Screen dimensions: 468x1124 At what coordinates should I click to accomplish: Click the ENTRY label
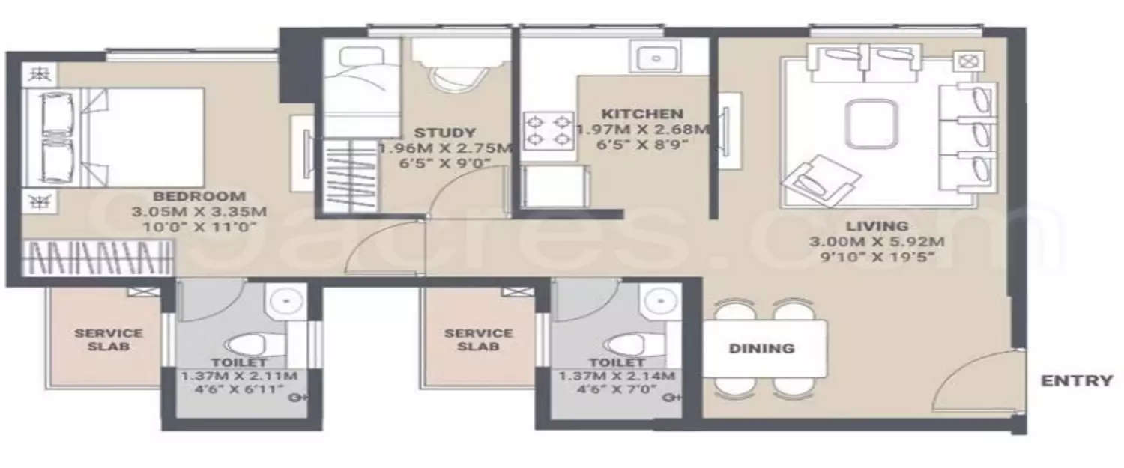pos(1077,380)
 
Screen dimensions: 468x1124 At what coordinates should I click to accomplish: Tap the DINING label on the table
pos(761,348)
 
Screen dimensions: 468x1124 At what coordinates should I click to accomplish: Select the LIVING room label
pos(877,225)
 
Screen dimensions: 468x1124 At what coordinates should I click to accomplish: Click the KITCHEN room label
pos(643,114)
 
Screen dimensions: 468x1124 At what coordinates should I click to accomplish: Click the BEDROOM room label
pos(200,196)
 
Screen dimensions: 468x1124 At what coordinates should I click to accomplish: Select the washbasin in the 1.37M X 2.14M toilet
pos(659,302)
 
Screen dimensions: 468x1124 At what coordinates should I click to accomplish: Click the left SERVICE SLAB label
pos(108,340)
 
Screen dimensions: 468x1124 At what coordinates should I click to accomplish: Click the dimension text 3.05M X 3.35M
pos(199,212)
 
